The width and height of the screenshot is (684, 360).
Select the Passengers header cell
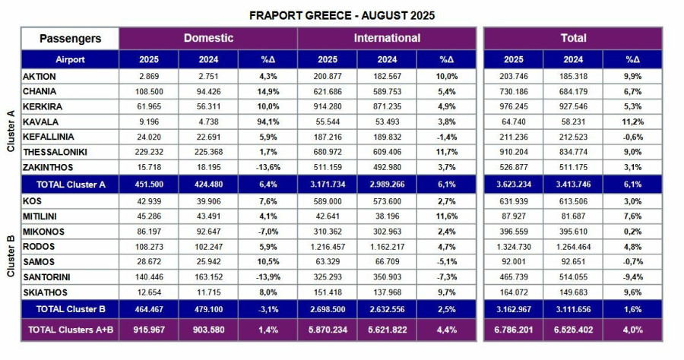click(69, 38)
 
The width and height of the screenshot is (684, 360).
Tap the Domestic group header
click(207, 38)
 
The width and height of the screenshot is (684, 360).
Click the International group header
click(387, 38)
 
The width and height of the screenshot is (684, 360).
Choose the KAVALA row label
click(41, 121)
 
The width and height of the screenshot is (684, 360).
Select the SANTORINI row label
click(48, 277)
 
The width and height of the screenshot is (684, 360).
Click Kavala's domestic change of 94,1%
click(268, 121)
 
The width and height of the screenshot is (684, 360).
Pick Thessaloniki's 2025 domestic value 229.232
click(148, 150)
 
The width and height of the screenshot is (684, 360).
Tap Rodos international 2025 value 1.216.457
click(327, 247)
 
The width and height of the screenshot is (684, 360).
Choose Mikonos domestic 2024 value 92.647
click(207, 232)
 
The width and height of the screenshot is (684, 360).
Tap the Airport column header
click(69, 59)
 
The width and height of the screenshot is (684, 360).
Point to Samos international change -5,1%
click(447, 262)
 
